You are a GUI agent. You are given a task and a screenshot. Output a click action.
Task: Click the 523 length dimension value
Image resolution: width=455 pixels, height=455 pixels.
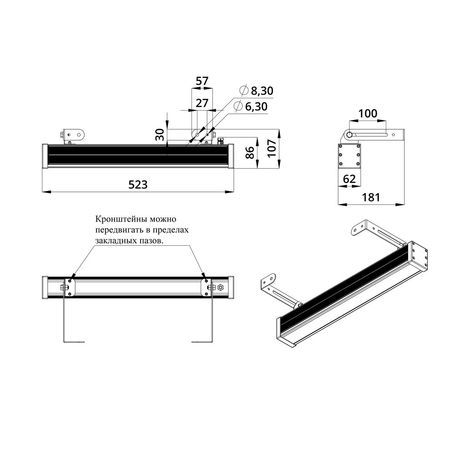coord(138,184)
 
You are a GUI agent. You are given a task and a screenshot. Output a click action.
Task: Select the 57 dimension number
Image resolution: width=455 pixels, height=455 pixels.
coord(202,81)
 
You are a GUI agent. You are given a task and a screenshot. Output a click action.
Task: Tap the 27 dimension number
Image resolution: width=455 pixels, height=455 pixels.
coord(202,103)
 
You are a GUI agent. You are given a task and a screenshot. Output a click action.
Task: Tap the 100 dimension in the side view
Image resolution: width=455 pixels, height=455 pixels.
coord(368,113)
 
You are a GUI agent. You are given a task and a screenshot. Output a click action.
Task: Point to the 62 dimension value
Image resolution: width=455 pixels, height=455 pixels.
coord(349,179)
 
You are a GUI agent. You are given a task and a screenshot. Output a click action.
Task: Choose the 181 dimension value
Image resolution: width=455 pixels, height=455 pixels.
coord(371,197)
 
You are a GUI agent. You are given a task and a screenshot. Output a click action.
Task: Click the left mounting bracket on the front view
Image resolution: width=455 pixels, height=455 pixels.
coord(73,135)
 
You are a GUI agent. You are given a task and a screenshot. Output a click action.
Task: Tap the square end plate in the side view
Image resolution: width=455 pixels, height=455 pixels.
coord(349,156)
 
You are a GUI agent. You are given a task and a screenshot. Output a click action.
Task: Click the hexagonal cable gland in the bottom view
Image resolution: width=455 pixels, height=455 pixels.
coord(220,287)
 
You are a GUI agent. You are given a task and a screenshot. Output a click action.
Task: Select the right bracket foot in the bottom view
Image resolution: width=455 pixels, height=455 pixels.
coord(202,341)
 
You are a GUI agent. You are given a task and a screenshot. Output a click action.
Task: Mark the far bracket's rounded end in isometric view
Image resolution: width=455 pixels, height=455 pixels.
coord(358,227)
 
